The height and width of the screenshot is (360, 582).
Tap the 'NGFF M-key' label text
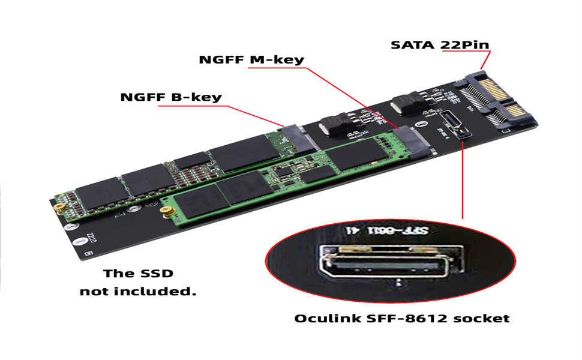coord(251,60)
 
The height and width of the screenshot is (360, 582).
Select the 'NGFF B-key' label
coord(171,97)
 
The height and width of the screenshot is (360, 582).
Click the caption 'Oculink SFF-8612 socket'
coord(401,318)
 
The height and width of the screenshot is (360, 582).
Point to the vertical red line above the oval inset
coord(463,180)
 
